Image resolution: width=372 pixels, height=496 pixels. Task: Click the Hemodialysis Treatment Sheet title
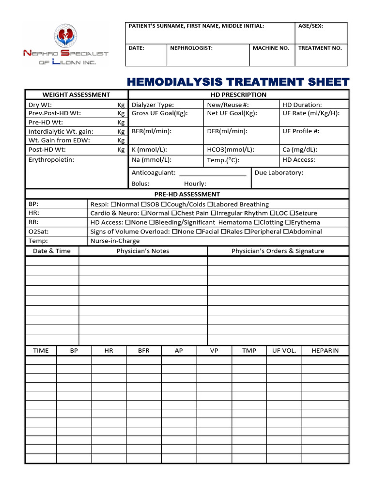click(x=238, y=81)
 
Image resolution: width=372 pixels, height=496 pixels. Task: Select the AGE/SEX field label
click(x=310, y=26)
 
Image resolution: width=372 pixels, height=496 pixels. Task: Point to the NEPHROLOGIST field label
click(x=191, y=48)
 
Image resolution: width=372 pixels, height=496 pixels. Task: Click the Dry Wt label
click(x=40, y=105)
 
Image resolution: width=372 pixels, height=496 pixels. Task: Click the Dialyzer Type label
click(x=153, y=105)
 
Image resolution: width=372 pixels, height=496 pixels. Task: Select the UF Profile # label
click(x=301, y=131)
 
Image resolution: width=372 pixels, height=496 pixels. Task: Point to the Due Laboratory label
click(x=279, y=173)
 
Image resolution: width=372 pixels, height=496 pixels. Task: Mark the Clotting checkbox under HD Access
click(x=256, y=222)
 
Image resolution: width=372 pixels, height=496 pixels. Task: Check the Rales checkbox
click(x=223, y=232)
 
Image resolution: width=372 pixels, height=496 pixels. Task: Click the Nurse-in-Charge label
click(x=115, y=241)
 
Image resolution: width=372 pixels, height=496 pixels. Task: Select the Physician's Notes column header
click(x=143, y=251)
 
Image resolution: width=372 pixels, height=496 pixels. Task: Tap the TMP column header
click(x=249, y=351)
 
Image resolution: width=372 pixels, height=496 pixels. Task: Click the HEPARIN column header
click(x=325, y=351)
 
